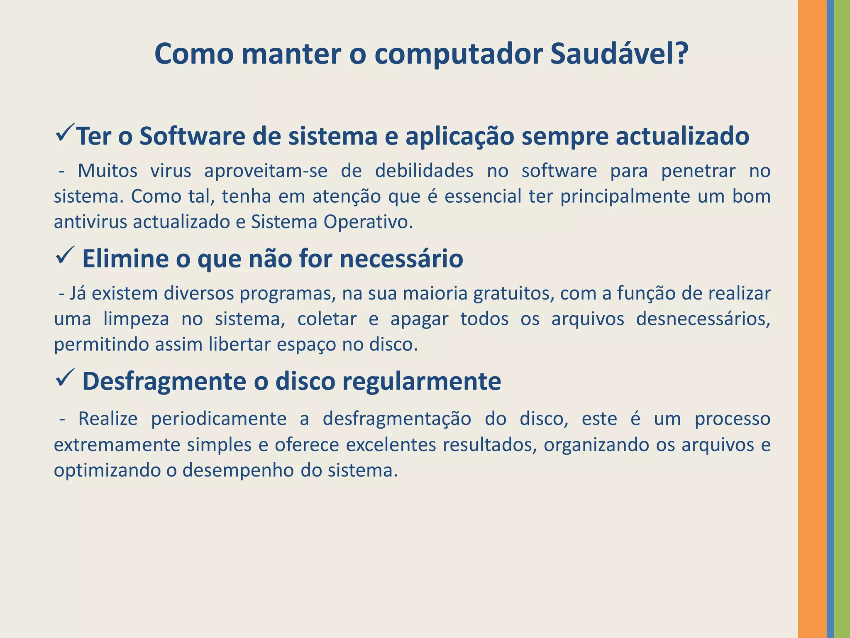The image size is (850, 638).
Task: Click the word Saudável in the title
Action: pyautogui.click(x=618, y=54)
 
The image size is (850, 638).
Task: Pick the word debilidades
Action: pyautogui.click(x=424, y=171)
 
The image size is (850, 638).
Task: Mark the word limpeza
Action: pyautogui.click(x=136, y=319)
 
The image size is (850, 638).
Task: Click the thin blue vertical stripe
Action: pyautogui.click(x=830, y=319)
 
